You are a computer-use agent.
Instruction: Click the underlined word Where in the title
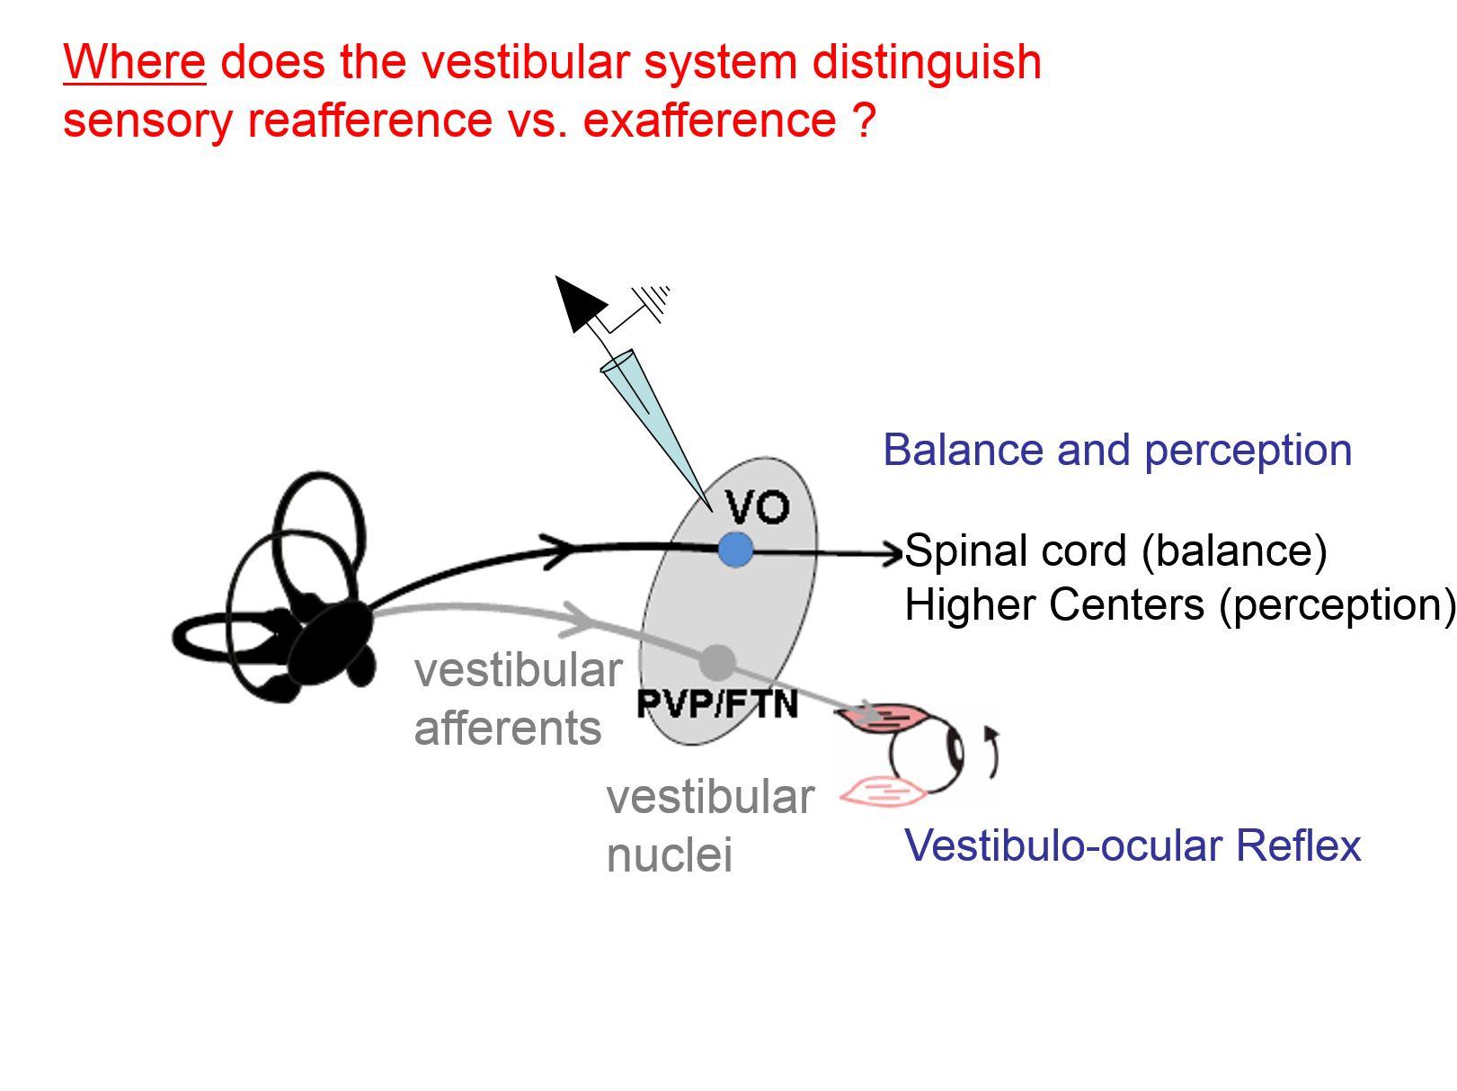[134, 62]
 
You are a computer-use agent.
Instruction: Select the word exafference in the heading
[709, 120]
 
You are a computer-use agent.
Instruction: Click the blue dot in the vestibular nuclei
[736, 550]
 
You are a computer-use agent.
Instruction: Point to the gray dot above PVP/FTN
[717, 663]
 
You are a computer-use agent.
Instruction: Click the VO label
[758, 507]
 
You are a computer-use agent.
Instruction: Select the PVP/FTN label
[717, 703]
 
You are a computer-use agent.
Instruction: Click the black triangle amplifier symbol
[579, 301]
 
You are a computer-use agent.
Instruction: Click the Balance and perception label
[1116, 450]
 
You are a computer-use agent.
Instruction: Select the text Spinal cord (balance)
[1115, 550]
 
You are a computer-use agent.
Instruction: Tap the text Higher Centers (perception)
[1177, 604]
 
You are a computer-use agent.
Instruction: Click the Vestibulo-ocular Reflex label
[1132, 845]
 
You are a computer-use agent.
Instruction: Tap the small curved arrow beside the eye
[991, 752]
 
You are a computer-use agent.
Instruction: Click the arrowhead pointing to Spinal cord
[893, 553]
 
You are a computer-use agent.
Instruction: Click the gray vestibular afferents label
[517, 699]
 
